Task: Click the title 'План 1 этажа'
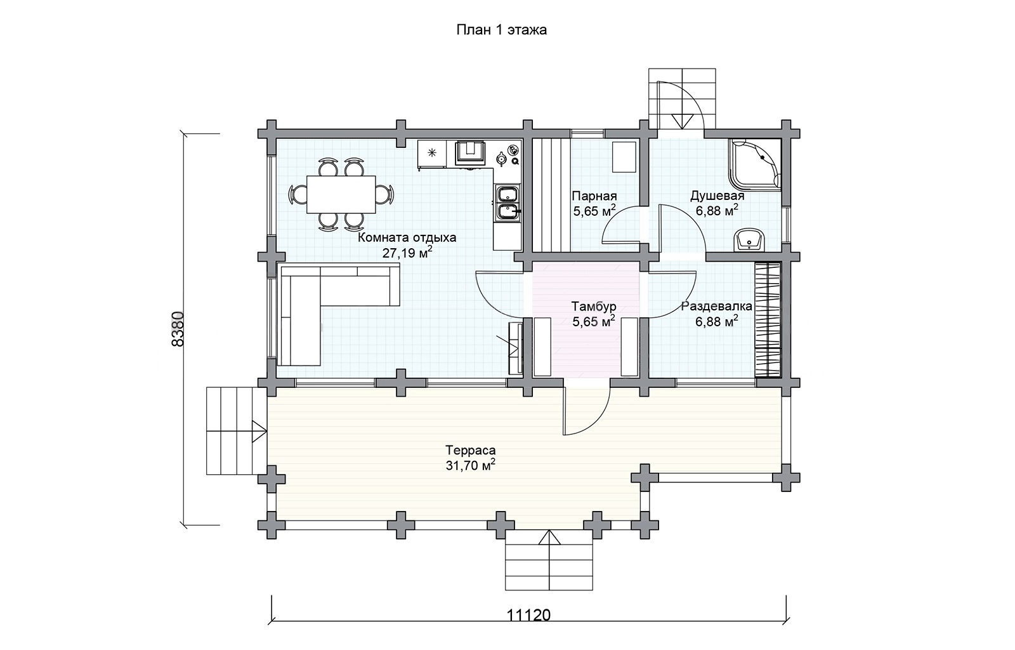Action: [x=501, y=30]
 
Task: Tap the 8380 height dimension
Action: [x=178, y=329]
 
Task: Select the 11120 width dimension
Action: [x=528, y=615]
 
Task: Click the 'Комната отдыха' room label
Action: [x=407, y=237]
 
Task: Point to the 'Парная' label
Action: [x=594, y=196]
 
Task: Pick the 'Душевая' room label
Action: [x=717, y=196]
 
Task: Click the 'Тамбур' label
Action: [x=594, y=306]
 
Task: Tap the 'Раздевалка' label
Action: [x=717, y=307]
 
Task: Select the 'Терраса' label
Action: [x=470, y=451]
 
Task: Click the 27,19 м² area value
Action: [x=407, y=252]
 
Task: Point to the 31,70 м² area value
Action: [x=470, y=465]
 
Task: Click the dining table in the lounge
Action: [x=341, y=194]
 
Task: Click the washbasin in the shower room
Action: [x=749, y=239]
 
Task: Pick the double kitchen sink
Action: [x=508, y=203]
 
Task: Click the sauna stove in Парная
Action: [x=624, y=157]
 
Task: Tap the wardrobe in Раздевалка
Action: [x=768, y=319]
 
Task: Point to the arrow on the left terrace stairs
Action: [x=259, y=430]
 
